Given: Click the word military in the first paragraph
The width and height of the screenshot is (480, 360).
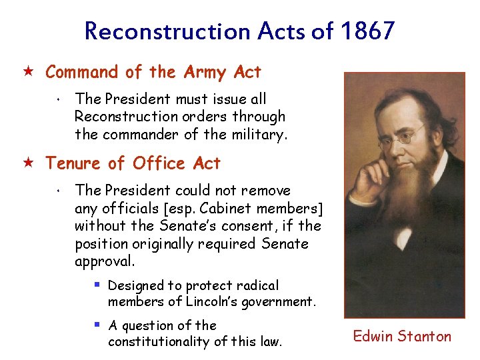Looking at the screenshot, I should point(261,135).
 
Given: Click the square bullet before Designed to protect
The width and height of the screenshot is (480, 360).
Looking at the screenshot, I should point(97,285).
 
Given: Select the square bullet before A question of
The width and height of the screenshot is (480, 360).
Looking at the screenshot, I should point(97,325).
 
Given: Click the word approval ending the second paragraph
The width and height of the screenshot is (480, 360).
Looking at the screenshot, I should point(99,261).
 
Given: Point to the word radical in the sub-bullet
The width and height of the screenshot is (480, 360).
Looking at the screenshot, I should point(257,285).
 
